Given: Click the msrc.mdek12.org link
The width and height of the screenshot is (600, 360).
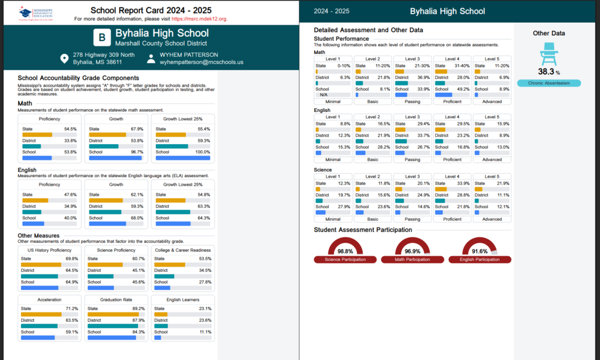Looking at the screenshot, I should [199, 19].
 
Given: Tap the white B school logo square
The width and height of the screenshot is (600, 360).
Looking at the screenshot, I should [101, 38].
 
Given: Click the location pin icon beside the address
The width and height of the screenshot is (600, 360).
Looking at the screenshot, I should [64, 59].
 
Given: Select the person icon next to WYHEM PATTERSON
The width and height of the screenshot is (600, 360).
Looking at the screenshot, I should [151, 59].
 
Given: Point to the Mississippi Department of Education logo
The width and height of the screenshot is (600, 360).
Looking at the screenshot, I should [36, 12].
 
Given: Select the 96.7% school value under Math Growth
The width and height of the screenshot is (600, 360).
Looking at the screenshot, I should [136, 152].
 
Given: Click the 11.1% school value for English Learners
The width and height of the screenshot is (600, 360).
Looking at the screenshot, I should [203, 332].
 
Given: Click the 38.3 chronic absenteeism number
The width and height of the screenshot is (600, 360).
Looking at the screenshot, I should [546, 72].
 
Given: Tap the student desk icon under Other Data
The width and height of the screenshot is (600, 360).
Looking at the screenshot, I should [548, 53].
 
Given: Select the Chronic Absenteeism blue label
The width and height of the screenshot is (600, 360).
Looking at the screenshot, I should [549, 83].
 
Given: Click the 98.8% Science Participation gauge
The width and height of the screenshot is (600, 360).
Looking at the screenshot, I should [345, 250].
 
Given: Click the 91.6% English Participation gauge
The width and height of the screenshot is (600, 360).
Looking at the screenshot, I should [479, 250].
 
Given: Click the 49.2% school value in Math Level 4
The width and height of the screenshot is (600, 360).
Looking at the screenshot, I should [461, 89].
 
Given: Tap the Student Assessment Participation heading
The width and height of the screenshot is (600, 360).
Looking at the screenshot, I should [363, 230].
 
